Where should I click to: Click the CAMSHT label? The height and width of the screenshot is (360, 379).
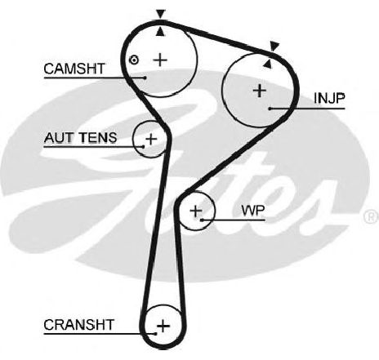(74, 69)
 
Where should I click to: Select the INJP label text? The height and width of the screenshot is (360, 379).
(329, 98)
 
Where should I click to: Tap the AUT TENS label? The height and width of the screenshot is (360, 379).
(80, 138)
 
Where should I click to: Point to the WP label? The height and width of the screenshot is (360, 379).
(253, 211)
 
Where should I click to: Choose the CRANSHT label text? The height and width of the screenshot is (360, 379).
(78, 325)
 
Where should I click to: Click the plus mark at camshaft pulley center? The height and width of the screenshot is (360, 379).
(160, 60)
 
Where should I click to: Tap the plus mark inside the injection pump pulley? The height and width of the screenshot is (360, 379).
(259, 91)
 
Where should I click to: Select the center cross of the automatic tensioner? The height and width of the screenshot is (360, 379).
(151, 139)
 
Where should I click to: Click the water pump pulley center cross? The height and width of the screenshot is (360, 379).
(196, 211)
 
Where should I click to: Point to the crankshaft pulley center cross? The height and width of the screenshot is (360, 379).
(163, 326)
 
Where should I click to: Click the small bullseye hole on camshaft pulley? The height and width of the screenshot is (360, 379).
(134, 60)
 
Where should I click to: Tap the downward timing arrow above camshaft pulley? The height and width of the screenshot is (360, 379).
(161, 14)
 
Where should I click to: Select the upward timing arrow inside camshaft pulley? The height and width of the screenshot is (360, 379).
(161, 32)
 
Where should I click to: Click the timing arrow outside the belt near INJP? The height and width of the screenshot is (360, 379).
(274, 47)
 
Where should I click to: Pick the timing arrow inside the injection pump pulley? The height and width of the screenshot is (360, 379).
(268, 64)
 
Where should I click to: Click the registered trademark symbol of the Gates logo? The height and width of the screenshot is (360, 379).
(372, 216)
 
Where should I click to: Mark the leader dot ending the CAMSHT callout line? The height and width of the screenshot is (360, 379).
(145, 78)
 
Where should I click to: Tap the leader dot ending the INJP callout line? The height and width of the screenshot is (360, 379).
(270, 109)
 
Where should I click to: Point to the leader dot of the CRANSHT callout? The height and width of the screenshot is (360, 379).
(156, 333)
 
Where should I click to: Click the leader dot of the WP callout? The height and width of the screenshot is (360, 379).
(202, 220)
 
